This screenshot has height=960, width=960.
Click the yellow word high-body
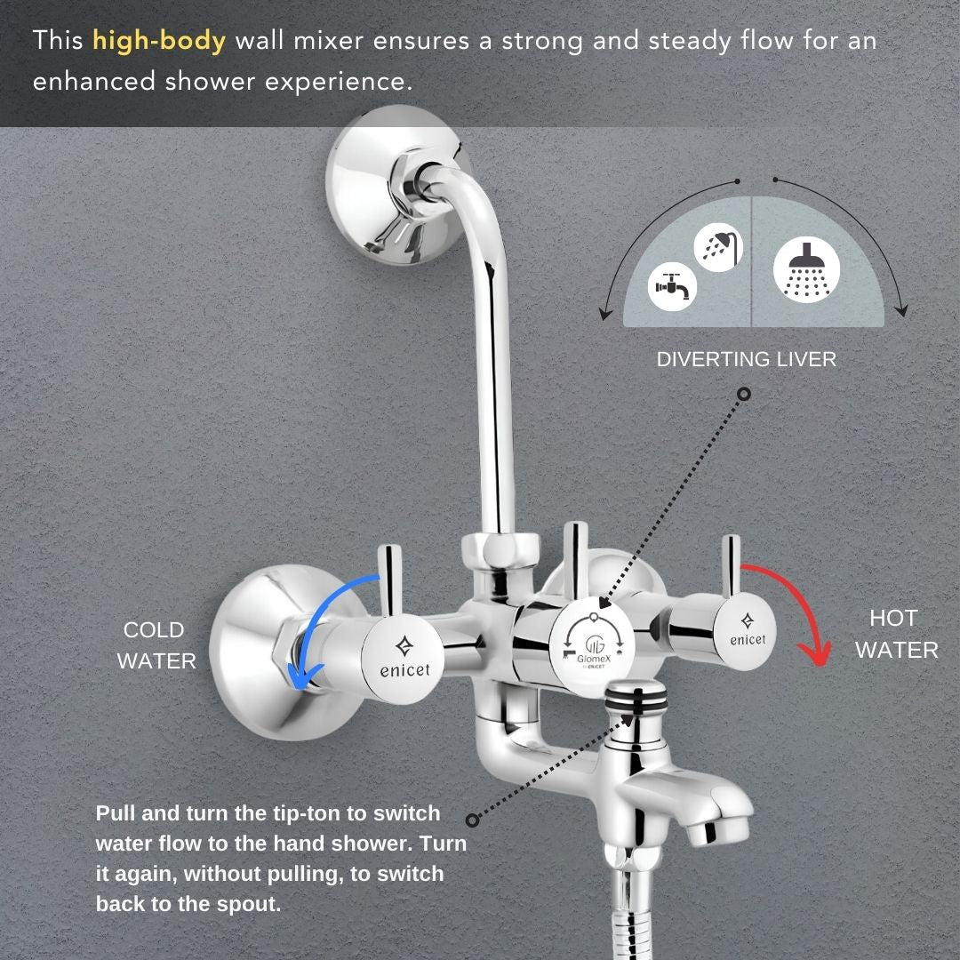pos(159,42)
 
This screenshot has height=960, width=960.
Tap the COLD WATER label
pos(156,645)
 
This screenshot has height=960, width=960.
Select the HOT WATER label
pos(896,635)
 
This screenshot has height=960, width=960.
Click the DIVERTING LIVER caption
pos(747,359)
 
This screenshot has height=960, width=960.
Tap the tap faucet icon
pos(672,286)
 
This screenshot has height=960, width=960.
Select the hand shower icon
pos(719,247)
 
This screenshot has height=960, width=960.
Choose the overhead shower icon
pos(805,270)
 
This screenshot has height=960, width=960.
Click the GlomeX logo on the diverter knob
pos(592,650)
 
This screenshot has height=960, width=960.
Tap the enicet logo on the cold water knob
pos(404,659)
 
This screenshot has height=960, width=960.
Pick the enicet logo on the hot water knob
pos(748,630)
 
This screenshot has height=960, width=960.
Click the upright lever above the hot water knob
pos(731,566)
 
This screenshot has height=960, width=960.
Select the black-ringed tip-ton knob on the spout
pos(636,698)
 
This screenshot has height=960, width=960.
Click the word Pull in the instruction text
pos(115,813)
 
